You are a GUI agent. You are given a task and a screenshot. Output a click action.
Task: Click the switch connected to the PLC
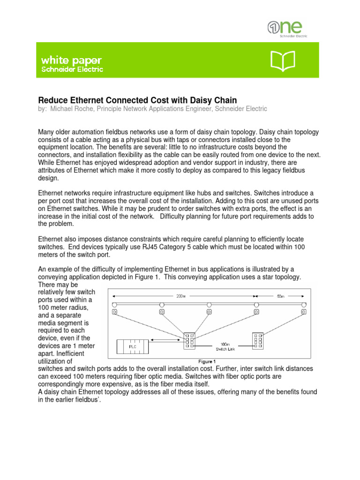189,341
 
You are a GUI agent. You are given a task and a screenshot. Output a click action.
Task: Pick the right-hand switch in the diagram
258,341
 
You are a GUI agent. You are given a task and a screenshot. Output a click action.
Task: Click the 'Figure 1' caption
207,361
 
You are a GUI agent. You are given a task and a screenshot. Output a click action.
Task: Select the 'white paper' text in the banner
71,60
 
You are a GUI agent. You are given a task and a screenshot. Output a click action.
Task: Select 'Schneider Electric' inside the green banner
72,69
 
